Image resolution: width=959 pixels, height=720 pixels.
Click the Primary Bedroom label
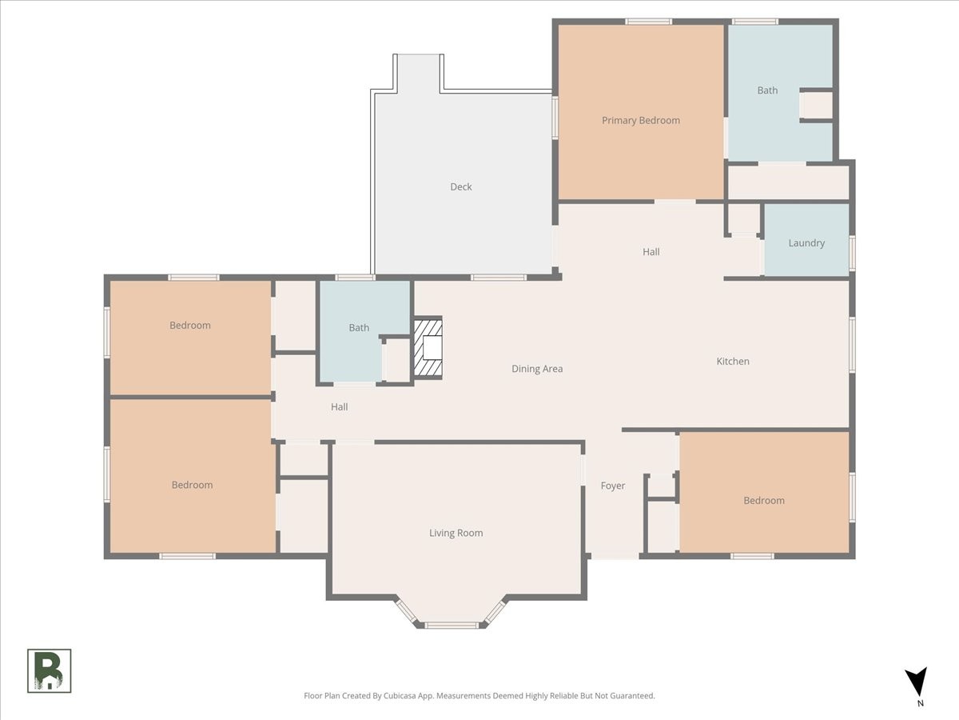click(x=640, y=121)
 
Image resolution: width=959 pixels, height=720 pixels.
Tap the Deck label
click(x=461, y=186)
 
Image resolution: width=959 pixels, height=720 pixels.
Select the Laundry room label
click(x=806, y=243)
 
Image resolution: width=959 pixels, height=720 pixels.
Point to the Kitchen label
click(x=733, y=361)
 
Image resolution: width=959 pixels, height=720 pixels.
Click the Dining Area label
click(x=537, y=369)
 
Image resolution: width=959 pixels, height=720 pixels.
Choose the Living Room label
click(x=456, y=533)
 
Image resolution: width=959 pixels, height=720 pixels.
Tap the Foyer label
click(x=612, y=486)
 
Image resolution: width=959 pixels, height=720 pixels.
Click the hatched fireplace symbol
click(x=428, y=347)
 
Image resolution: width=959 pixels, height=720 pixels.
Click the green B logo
click(x=50, y=670)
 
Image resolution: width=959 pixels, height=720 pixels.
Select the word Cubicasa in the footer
click(x=400, y=695)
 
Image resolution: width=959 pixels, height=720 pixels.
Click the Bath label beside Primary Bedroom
click(x=767, y=90)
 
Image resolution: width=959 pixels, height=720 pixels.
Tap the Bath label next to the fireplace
click(x=359, y=328)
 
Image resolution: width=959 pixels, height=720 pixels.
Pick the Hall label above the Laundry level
click(x=651, y=252)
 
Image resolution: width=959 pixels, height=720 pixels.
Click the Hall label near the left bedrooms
click(x=339, y=407)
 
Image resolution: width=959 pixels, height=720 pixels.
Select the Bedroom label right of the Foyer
click(x=764, y=501)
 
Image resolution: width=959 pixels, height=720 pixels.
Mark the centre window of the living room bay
click(x=452, y=626)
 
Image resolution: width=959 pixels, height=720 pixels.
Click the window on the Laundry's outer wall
click(x=852, y=253)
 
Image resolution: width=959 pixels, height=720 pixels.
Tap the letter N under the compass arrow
click(x=920, y=703)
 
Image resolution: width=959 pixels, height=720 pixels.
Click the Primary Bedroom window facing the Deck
click(x=555, y=118)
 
